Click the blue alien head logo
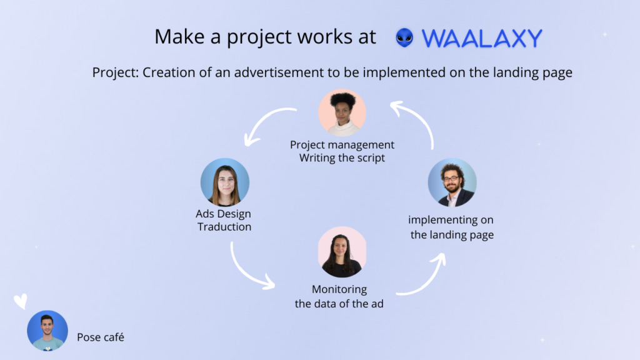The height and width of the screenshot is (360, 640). coord(404,37)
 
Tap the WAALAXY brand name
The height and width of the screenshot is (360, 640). coord(482,38)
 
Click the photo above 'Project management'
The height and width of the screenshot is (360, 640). coord(342,112)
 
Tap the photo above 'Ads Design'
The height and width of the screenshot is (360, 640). coord(225,182)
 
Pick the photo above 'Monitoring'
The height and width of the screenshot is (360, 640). coord(342,252)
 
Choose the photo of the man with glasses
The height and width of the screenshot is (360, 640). coord(452,182)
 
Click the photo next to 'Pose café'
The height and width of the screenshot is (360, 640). coord(47,331)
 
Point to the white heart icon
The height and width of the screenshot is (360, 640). coord(21,301)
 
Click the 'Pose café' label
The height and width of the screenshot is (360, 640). coord(101,337)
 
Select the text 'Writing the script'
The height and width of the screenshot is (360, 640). coord(342,158)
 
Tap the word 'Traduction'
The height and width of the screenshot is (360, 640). coord(224,226)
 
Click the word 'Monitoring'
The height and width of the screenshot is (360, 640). coord(339,289)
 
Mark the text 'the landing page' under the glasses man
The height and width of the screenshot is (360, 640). coord(452,235)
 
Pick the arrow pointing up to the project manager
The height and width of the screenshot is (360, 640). coord(421,118)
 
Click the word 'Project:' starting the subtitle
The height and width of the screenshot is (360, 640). coord(116,72)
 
